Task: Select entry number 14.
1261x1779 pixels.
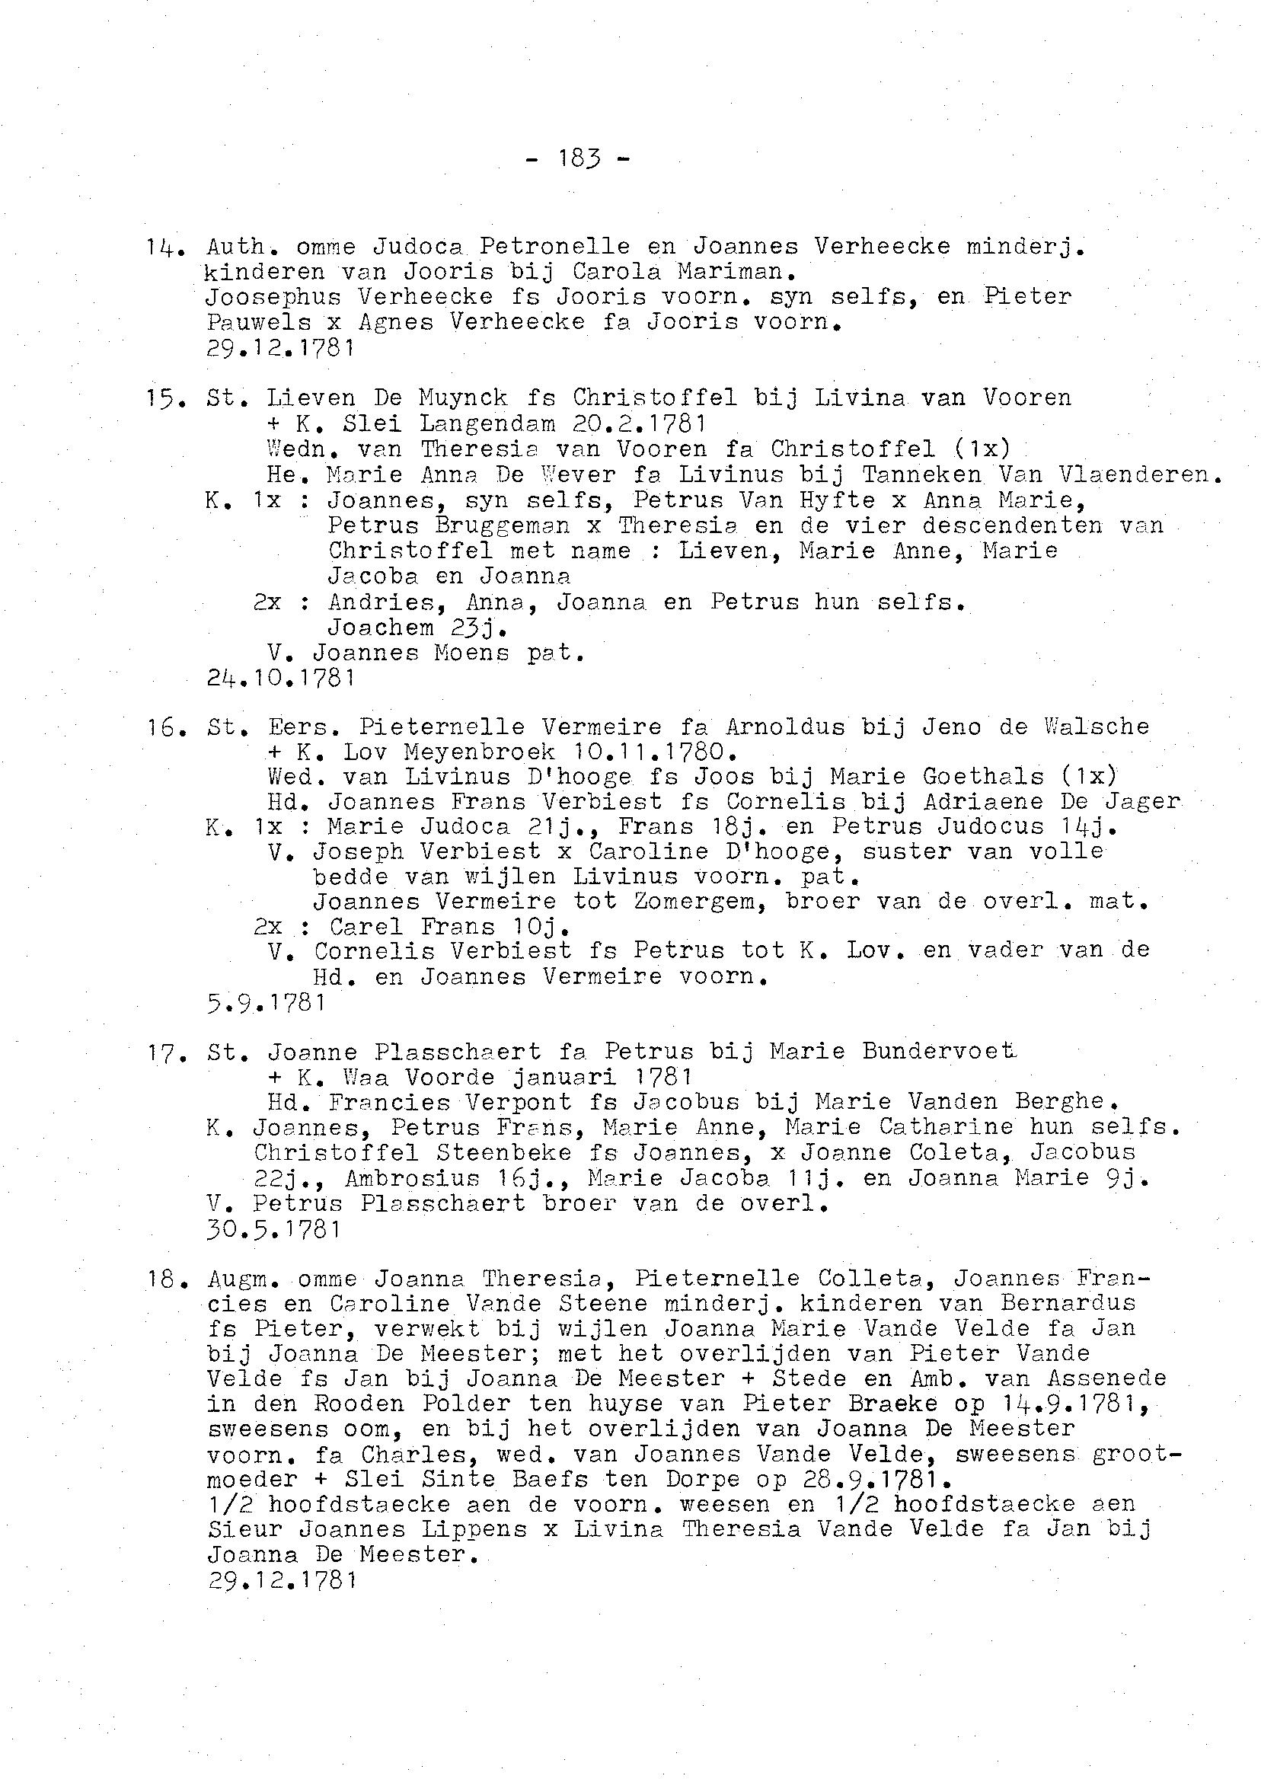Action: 161,247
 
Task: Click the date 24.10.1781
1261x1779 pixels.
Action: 281,678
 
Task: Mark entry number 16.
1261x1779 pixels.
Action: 161,727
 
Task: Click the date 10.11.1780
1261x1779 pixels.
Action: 654,752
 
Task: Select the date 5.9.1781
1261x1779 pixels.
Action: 266,1002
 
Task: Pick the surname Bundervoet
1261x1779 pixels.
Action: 939,1052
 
